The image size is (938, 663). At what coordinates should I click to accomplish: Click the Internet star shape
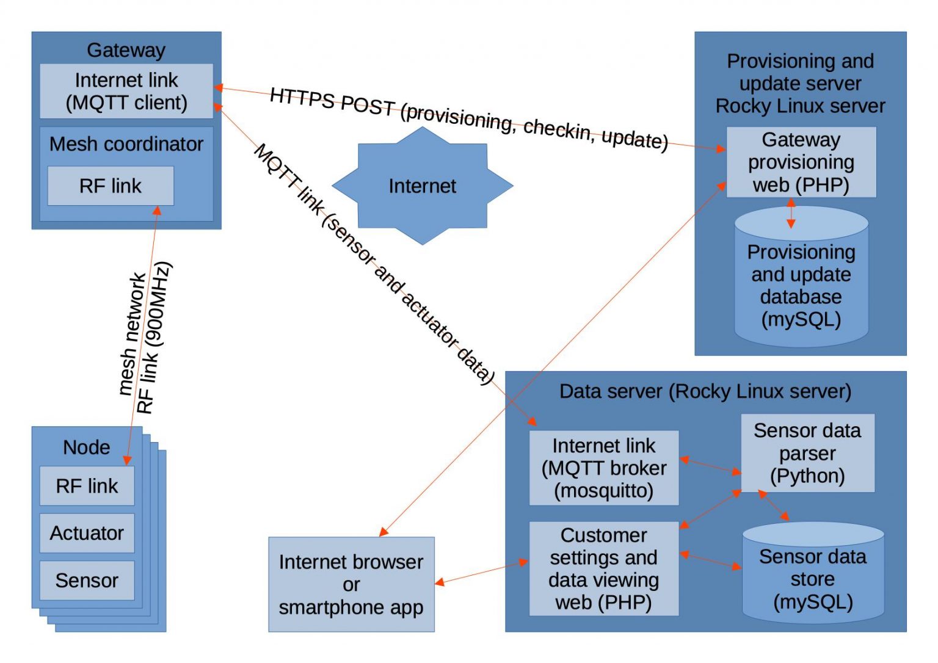(x=422, y=186)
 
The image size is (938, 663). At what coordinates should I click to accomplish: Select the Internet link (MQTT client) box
(x=126, y=91)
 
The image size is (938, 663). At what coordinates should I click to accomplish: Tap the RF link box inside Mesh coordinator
(x=111, y=186)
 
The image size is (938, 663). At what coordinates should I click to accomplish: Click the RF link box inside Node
(x=87, y=485)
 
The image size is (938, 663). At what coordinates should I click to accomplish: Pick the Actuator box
(x=87, y=533)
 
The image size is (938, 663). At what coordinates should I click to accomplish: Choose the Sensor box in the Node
(x=87, y=580)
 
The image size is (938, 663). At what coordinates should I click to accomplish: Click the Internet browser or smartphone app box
(x=351, y=584)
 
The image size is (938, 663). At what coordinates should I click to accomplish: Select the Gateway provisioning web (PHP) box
(x=801, y=162)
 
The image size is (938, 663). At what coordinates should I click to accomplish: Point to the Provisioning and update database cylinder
(x=801, y=277)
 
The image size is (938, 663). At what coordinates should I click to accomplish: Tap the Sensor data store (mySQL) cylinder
(x=813, y=573)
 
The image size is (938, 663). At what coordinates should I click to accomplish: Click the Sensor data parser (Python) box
(x=808, y=453)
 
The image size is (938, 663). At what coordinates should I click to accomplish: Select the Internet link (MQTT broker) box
(x=604, y=468)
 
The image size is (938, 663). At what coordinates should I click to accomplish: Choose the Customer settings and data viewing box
(x=604, y=568)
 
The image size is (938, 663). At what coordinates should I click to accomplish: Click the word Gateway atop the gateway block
(x=126, y=50)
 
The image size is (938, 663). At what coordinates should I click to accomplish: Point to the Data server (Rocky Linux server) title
(x=705, y=391)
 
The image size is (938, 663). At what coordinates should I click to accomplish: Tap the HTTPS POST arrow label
(x=469, y=119)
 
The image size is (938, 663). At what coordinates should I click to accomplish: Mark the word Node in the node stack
(x=87, y=447)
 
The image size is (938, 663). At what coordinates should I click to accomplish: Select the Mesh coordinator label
(x=126, y=144)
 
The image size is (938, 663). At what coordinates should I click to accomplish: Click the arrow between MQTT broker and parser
(x=710, y=466)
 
